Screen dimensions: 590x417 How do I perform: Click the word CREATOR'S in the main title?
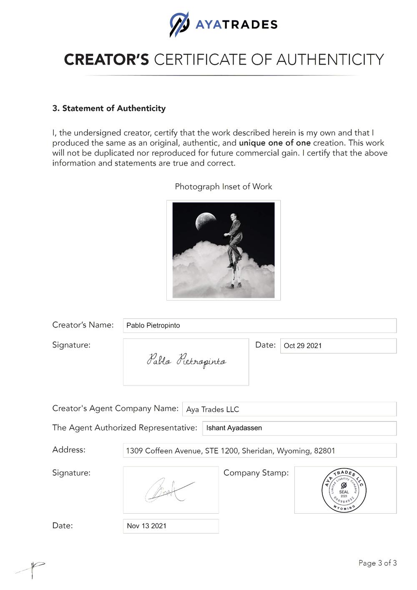tap(106, 60)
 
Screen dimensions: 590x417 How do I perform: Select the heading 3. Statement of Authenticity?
tap(109, 108)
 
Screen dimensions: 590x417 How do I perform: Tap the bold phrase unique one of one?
tap(274, 143)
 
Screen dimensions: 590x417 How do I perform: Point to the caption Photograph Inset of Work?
tap(224, 187)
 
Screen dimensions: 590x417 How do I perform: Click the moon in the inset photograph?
tap(205, 221)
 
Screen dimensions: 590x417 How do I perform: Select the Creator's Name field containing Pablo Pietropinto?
tap(259, 325)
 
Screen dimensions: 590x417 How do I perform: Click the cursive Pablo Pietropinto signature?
tap(186, 361)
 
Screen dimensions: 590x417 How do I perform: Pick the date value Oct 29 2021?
tap(303, 346)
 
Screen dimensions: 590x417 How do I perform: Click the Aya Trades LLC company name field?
tap(289, 409)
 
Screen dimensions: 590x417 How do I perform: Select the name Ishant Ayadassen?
tap(234, 428)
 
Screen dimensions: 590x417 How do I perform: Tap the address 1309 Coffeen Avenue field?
tap(259, 451)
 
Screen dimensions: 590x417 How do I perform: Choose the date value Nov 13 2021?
tap(147, 526)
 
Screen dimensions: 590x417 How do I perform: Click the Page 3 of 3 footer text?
tap(377, 563)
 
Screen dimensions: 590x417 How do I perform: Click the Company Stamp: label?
tap(256, 473)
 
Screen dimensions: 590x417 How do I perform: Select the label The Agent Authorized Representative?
tap(125, 428)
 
